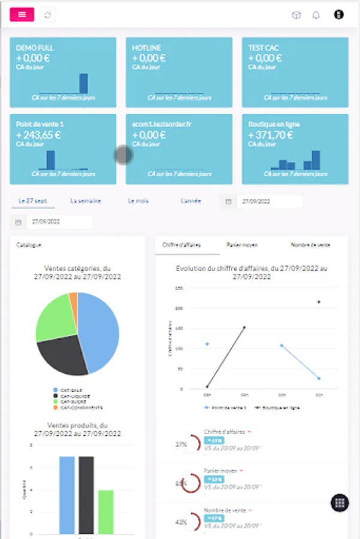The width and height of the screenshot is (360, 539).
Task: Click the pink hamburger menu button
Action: point(22,15)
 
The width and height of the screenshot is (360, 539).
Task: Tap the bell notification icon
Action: point(316,15)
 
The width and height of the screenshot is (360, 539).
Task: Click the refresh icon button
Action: point(48,15)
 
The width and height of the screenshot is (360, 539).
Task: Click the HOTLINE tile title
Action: point(147,48)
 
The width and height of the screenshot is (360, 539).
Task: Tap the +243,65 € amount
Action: point(39,135)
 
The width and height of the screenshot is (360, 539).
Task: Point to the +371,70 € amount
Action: point(271,135)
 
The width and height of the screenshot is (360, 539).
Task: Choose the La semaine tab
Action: point(86,201)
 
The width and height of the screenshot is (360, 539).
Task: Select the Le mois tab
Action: point(138,201)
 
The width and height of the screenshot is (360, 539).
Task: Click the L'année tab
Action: point(190,201)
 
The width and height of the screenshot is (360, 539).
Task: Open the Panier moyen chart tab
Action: point(241,245)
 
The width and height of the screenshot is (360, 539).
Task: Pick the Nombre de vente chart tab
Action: point(310,245)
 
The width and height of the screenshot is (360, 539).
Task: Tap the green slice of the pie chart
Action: point(54,317)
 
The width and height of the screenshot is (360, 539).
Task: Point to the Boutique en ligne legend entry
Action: point(277,407)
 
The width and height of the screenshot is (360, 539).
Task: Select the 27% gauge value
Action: point(181,445)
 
